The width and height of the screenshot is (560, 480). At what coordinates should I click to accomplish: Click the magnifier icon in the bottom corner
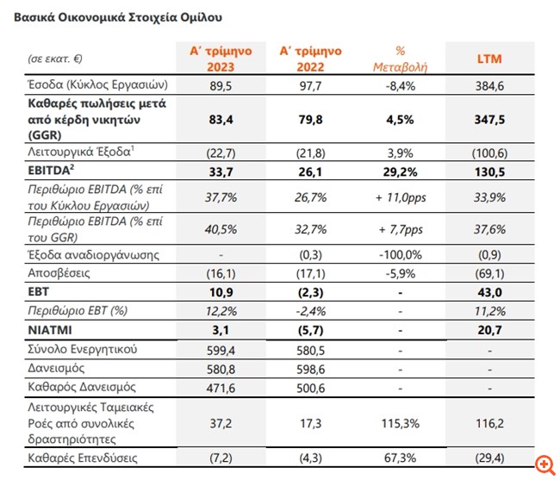click(543, 465)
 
